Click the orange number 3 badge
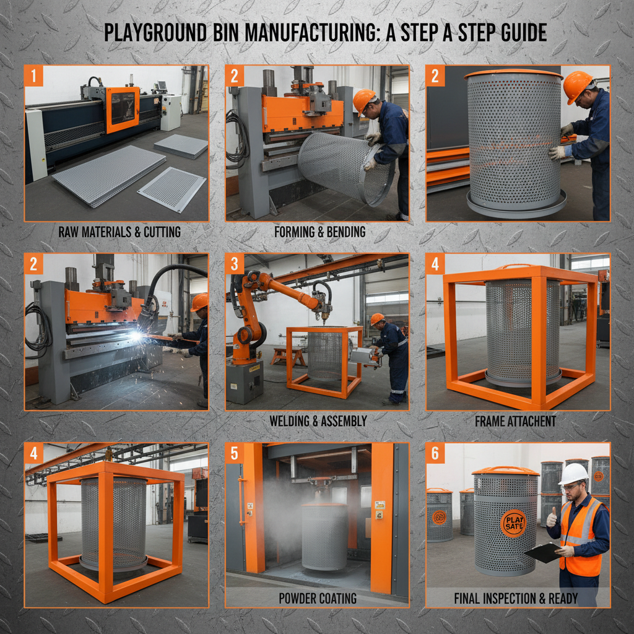tap(235, 264)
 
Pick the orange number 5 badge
tap(235, 453)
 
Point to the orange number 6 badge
tap(435, 453)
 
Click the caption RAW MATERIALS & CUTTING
tap(119, 233)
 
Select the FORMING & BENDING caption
tap(319, 233)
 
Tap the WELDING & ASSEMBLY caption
tap(318, 421)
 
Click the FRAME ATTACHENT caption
tap(515, 421)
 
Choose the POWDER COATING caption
tap(318, 598)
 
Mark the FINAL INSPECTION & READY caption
tap(516, 598)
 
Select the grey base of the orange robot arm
tap(244, 381)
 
